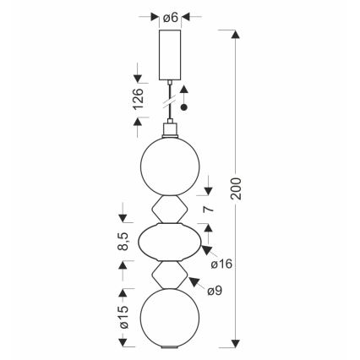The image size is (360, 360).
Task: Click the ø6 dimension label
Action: tap(171, 18)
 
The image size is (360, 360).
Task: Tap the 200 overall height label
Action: tap(236, 188)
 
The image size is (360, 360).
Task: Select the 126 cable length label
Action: tap(139, 99)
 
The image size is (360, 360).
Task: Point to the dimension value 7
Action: tap(208, 209)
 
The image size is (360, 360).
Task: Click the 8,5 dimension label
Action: tap(123, 242)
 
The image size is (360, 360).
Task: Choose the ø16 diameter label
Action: tap(221, 264)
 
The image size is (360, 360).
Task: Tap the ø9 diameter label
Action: tap(215, 291)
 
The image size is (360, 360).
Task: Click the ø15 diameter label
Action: tap(123, 317)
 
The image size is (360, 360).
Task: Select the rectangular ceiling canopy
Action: tap(170, 54)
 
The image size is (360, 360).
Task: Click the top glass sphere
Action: tap(170, 166)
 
